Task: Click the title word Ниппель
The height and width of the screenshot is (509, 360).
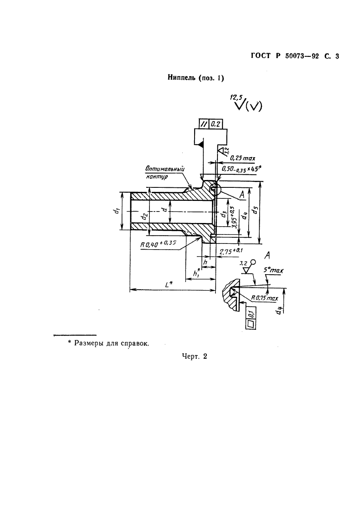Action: [x=182, y=78]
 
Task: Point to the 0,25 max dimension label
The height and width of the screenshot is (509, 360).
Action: [x=242, y=158]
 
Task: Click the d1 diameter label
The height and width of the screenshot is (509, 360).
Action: [x=117, y=211]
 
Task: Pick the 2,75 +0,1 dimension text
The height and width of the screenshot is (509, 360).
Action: [x=231, y=252]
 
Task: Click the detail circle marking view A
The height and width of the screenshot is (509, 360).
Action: [x=215, y=189]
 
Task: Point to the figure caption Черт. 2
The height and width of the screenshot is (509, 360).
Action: [x=195, y=356]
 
